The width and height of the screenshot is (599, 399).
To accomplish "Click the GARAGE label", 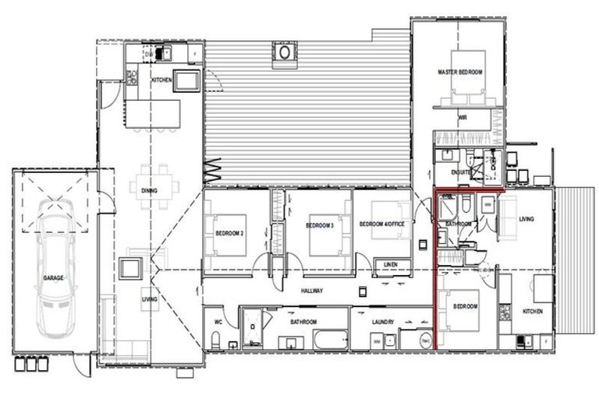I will (53, 277).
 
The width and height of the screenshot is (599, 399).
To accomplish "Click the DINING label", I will (150, 190).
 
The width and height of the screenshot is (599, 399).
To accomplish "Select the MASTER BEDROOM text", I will (459, 72).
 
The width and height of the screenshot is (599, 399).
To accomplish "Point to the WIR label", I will (462, 118).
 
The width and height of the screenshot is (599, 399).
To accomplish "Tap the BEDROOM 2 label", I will (230, 232).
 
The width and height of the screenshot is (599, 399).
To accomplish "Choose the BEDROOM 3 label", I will (320, 226).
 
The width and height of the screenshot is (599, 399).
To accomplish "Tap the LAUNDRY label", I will (382, 321).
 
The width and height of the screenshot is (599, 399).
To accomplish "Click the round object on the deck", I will (285, 53).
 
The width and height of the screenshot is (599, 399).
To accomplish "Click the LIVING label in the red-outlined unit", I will (526, 220).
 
